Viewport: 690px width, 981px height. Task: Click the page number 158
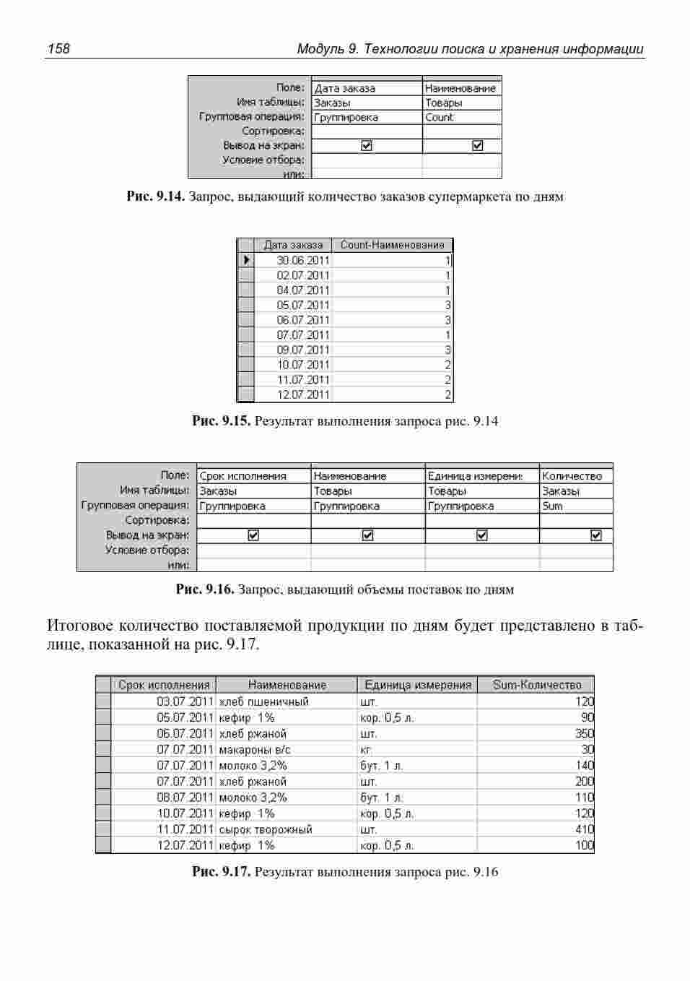(x=58, y=49)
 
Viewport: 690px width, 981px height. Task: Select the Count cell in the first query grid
(x=440, y=117)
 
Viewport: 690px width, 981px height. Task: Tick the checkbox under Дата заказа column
(x=366, y=145)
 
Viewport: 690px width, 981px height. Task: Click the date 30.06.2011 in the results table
(x=302, y=260)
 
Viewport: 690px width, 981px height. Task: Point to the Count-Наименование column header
(x=392, y=245)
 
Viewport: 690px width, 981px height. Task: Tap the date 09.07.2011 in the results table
(x=302, y=350)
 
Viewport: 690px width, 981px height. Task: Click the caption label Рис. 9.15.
(x=221, y=420)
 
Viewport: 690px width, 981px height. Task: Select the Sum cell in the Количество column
(x=552, y=506)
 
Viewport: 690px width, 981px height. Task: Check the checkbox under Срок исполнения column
(x=253, y=535)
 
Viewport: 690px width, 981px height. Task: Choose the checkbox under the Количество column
(x=596, y=535)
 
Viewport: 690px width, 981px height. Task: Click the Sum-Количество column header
(x=536, y=685)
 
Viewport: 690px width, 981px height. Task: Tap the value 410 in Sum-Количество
(x=584, y=829)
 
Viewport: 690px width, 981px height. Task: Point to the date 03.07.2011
(x=185, y=701)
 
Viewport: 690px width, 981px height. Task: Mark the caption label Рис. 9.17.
(x=221, y=871)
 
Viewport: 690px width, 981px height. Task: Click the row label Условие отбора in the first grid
(x=263, y=160)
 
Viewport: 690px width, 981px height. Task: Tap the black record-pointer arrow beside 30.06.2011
(x=246, y=260)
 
